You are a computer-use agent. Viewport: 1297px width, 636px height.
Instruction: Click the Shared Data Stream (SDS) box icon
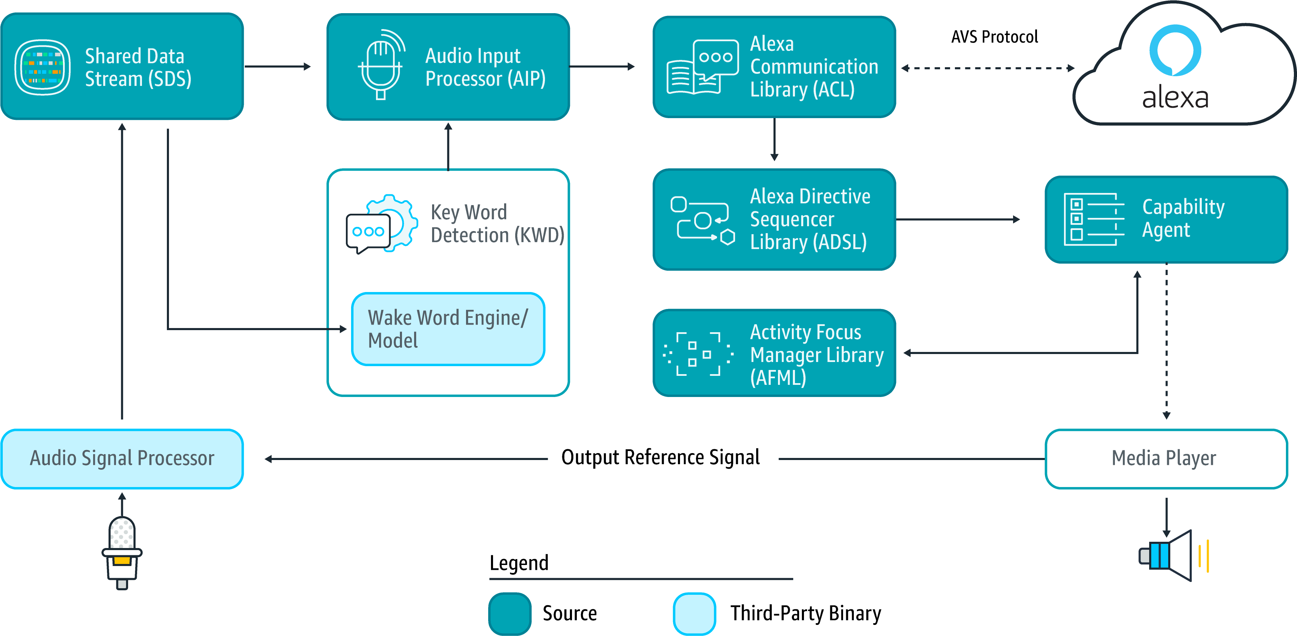click(42, 67)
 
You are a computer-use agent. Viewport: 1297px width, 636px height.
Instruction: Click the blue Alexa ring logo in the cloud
click(1175, 50)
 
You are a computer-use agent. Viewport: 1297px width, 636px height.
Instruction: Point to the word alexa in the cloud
click(1175, 98)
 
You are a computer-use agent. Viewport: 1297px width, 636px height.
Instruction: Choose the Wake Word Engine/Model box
click(448, 329)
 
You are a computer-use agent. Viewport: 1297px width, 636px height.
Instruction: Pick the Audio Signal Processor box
click(122, 459)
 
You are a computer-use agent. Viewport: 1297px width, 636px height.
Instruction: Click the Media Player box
click(1165, 459)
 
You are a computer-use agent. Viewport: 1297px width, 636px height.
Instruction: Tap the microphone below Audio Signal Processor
click(122, 553)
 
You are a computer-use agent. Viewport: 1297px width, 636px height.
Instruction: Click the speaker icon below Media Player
click(1173, 555)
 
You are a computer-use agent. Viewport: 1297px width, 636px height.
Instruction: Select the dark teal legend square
click(510, 613)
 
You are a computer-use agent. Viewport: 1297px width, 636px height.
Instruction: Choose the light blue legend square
click(694, 613)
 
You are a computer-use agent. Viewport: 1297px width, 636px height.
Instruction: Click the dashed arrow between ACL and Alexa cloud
click(987, 68)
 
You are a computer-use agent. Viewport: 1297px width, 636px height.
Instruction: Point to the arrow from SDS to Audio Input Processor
click(277, 67)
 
